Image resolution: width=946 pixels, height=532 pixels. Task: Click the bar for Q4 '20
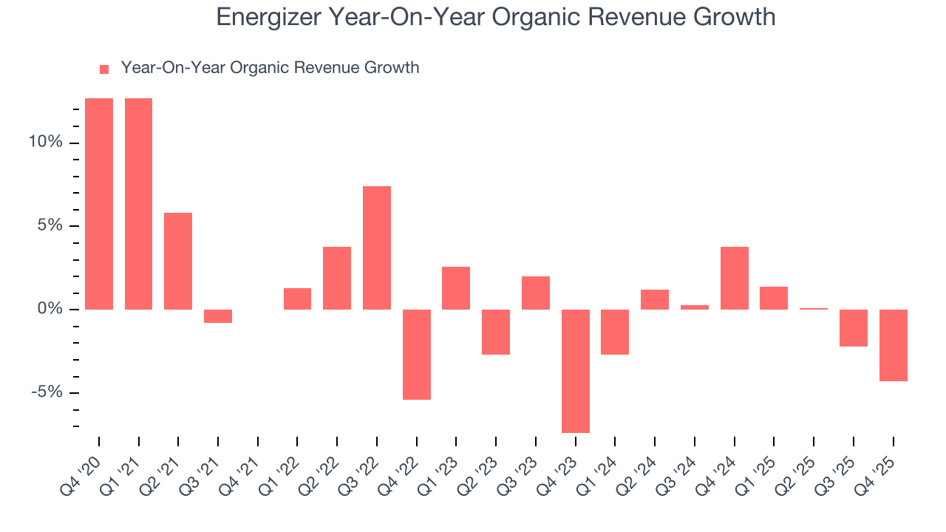[99, 203]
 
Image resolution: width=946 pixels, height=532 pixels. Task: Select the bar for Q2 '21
[178, 261]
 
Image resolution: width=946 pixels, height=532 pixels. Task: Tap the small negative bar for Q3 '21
[218, 316]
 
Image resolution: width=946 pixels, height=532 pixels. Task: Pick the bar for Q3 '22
[377, 248]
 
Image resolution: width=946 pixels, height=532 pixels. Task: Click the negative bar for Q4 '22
[416, 354]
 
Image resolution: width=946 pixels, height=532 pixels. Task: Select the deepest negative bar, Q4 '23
[575, 371]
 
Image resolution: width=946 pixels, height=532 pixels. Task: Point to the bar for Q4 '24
[734, 278]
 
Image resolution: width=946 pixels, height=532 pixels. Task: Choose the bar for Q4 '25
[893, 345]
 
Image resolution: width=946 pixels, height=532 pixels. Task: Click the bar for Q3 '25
[853, 327]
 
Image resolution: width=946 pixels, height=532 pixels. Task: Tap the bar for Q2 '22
[337, 278]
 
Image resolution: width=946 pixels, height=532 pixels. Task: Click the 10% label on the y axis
[45, 142]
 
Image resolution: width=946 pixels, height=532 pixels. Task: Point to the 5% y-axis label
[49, 225]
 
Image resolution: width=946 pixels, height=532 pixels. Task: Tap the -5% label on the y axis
[46, 392]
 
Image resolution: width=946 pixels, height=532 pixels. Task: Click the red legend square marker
[104, 69]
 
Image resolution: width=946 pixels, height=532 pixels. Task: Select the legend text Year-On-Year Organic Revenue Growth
[270, 68]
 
